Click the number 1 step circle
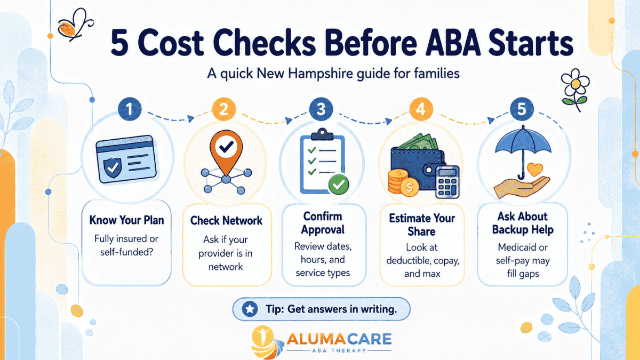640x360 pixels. tap(130, 109)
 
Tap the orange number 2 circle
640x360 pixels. tap(223, 109)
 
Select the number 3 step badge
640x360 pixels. tap(321, 109)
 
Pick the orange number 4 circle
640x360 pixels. tap(421, 109)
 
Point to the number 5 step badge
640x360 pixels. tap(522, 109)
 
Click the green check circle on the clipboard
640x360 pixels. tap(339, 185)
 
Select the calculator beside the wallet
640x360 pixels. tap(447, 182)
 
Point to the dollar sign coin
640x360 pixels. tap(410, 187)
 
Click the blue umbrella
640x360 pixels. tap(523, 151)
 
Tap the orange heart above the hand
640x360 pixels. tap(534, 170)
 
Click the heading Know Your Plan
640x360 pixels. tap(126, 220)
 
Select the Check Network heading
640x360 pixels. tap(226, 221)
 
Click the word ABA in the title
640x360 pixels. tap(453, 43)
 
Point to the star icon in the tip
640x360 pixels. tap(250, 309)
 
